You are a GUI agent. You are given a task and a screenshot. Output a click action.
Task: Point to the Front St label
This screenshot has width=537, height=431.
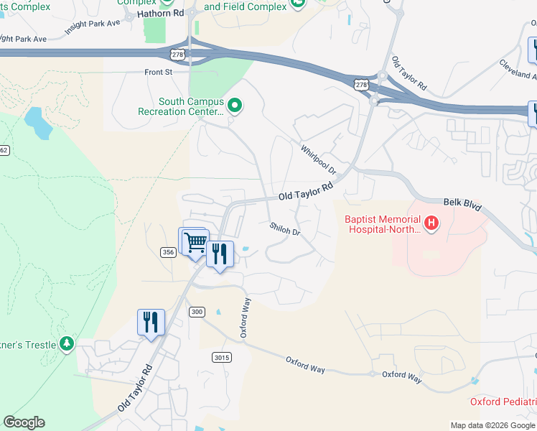point(159,72)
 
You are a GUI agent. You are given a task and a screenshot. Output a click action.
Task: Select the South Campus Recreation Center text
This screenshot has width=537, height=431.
point(182,107)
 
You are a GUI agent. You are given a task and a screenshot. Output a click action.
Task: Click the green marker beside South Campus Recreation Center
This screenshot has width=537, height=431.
point(234,107)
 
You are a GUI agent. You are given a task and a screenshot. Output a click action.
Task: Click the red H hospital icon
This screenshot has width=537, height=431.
point(431,223)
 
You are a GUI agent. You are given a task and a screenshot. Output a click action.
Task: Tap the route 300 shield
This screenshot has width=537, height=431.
point(197,312)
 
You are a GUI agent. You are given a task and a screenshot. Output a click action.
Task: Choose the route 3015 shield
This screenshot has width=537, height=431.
point(221,357)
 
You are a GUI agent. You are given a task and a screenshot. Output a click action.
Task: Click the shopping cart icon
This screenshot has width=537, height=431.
point(195,241)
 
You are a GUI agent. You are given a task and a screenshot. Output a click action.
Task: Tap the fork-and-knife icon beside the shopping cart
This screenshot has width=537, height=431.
point(220,254)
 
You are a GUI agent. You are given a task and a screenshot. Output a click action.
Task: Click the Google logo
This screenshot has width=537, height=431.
point(24,422)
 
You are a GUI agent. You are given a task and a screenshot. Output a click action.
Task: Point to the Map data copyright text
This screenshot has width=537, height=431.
point(492,425)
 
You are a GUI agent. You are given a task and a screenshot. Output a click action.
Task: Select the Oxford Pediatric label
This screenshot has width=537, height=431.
point(503,402)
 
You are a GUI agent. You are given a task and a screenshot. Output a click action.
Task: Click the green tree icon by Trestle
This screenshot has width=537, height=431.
point(67,344)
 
